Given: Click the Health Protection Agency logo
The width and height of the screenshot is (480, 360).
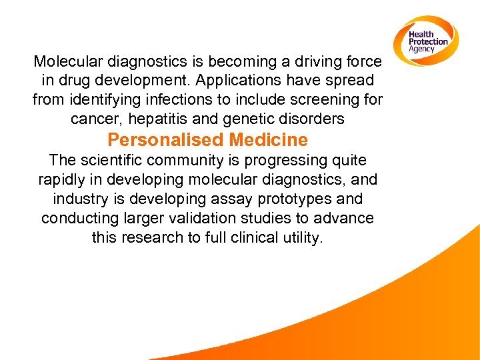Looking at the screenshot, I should tap(427, 41).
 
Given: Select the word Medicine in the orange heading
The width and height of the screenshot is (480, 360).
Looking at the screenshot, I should tap(268, 140).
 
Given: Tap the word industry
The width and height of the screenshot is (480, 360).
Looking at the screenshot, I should tap(79, 199).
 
